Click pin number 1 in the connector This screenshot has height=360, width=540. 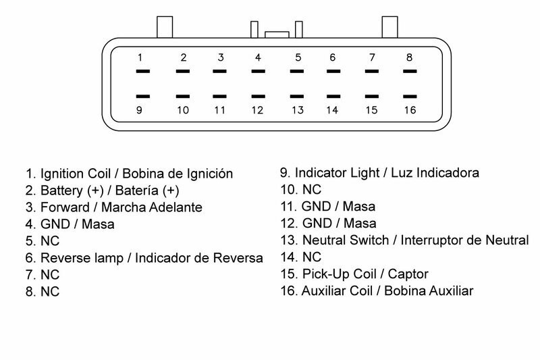[140, 57]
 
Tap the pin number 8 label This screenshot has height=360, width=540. [409, 57]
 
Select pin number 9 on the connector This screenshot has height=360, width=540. [140, 109]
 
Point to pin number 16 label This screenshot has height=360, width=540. [409, 109]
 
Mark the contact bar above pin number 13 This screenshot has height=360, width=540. [297, 97]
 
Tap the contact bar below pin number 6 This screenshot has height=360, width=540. [333, 70]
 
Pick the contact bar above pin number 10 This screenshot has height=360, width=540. [183, 97]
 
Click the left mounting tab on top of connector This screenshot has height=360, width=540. [165, 26]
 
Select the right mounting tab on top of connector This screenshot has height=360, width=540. [391, 26]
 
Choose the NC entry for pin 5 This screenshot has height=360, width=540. [50, 241]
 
